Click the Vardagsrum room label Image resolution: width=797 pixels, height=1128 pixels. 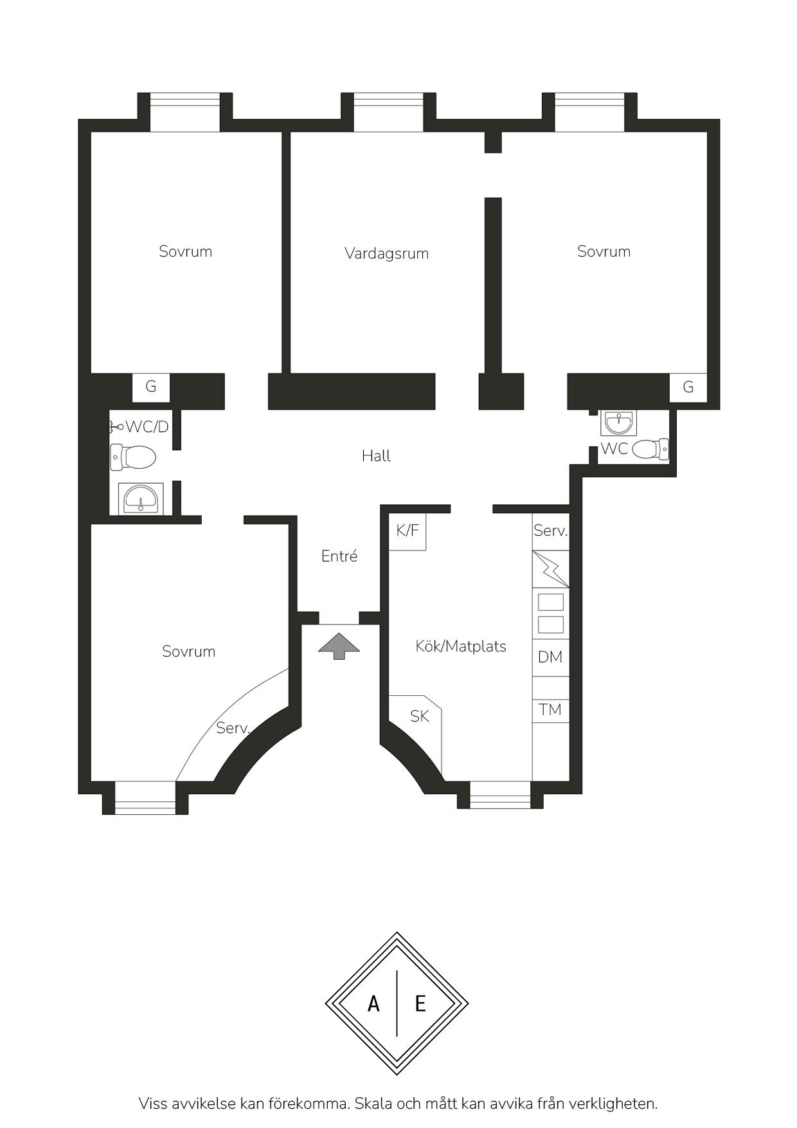tap(386, 253)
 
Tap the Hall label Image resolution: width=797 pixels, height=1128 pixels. tap(376, 456)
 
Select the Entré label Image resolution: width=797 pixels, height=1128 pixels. tap(339, 556)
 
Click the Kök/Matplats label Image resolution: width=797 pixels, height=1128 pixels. tap(461, 646)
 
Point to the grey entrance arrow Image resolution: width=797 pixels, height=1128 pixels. tap(339, 646)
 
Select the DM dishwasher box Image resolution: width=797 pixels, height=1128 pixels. tap(550, 657)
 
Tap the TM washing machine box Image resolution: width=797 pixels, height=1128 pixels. tap(550, 710)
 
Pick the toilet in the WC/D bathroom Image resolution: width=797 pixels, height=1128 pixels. tap(133, 457)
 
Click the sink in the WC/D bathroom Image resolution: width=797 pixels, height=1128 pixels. tap(141, 499)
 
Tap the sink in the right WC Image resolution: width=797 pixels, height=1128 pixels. tap(619, 423)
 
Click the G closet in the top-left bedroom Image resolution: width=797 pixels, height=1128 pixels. tap(151, 387)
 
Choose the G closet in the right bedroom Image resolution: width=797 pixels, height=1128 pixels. tap(688, 387)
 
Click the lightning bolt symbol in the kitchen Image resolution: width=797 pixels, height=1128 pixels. tap(551, 569)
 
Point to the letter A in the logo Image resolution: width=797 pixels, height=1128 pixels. tap(373, 1003)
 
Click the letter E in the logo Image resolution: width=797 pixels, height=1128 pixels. tap(420, 1003)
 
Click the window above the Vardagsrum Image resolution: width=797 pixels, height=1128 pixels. tap(389, 113)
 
